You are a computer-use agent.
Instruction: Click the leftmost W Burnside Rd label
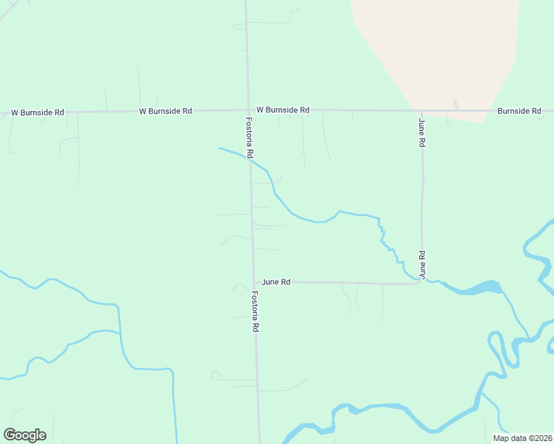[x=38, y=112]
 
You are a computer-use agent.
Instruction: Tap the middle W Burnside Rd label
[x=165, y=111]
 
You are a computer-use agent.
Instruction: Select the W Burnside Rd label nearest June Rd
[x=278, y=110]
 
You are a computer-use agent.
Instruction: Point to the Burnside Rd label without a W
[x=519, y=110]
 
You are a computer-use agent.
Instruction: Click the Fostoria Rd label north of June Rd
[x=250, y=138]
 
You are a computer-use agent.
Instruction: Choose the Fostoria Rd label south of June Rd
[x=255, y=311]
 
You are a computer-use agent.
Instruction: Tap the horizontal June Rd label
[x=276, y=282]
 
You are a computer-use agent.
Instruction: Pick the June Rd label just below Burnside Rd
[x=421, y=132]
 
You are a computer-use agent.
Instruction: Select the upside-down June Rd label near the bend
[x=422, y=263]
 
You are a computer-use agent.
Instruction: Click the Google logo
[x=24, y=435]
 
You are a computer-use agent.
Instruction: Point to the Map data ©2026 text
[x=521, y=438]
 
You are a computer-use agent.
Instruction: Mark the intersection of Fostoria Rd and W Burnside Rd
[x=247, y=110]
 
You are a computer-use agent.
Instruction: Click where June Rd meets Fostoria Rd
[x=253, y=282]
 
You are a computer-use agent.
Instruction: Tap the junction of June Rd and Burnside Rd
[x=421, y=110]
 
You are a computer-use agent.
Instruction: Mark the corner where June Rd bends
[x=421, y=282]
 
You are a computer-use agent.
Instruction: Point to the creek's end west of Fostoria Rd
[x=219, y=148]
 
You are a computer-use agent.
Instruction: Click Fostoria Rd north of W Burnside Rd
[x=246, y=52]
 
